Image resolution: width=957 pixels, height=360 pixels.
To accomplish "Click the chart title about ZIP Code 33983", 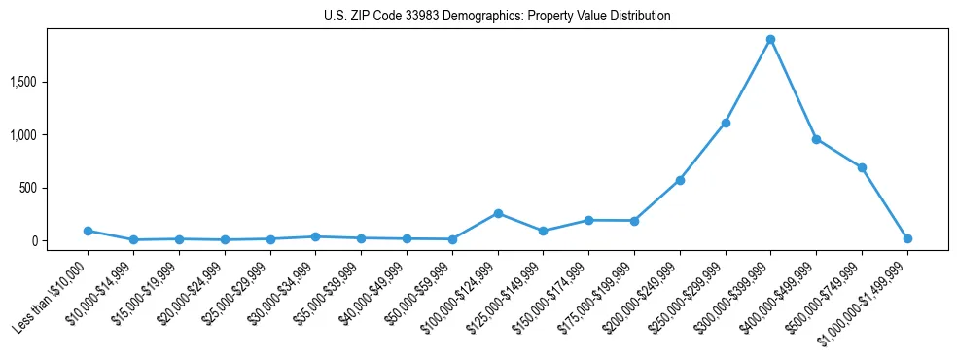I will coord(497,17).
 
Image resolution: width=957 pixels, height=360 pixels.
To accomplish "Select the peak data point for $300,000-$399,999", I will coord(770,40).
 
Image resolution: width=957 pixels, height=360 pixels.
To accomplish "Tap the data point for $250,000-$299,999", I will coord(726,123).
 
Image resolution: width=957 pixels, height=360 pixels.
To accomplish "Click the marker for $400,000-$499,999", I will coord(816,139).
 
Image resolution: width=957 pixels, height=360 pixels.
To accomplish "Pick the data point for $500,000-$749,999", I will coord(862,167).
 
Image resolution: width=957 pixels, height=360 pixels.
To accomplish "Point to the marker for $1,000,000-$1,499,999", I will coord(907,238).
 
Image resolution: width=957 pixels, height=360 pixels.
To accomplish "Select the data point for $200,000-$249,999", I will coord(680,180).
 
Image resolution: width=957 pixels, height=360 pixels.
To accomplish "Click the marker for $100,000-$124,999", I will coord(498,213).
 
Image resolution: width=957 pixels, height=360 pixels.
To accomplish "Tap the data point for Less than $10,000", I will coord(88,231).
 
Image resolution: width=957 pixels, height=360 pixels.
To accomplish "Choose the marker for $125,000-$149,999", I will coord(544,231).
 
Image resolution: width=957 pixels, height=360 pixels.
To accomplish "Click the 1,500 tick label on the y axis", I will coord(51,82).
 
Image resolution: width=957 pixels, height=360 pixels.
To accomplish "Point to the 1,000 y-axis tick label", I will coord(51,135).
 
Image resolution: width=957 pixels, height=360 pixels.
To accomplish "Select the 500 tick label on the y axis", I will coord(54,188).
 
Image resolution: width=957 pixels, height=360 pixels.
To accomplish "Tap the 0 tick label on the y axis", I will coord(60,241).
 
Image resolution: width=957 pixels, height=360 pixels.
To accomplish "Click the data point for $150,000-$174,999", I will coord(588,220).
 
